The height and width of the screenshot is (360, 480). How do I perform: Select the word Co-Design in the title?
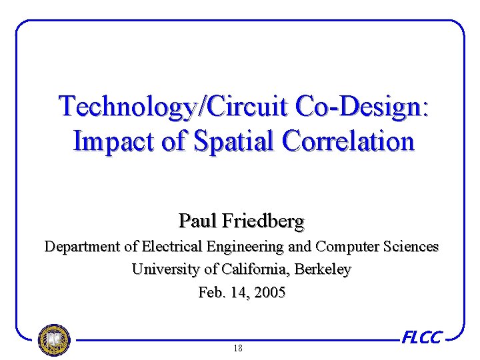[353, 106]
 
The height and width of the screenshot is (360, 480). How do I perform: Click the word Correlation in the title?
[348, 141]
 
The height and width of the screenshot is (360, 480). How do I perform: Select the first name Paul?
[196, 220]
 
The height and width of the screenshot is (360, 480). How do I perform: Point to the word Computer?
[347, 247]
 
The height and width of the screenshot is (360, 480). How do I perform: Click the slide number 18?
[238, 349]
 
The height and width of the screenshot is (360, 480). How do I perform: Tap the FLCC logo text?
[421, 337]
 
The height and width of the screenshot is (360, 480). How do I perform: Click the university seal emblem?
[54, 340]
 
